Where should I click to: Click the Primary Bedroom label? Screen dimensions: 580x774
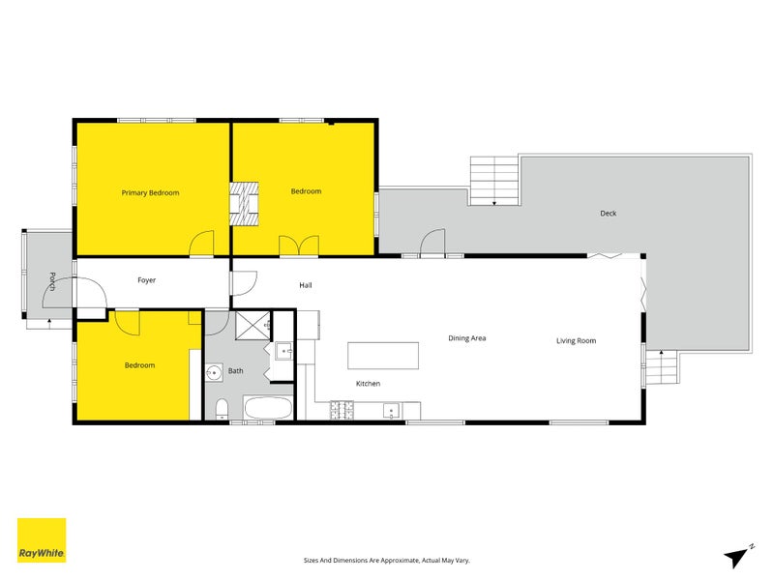(150, 192)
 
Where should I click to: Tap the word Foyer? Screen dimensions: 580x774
(146, 280)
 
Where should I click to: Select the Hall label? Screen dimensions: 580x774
(306, 285)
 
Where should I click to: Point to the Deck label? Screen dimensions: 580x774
(608, 214)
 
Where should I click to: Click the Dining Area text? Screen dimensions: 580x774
(466, 338)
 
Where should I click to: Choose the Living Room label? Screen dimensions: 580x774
(576, 340)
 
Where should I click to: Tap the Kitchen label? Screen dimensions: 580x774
(368, 384)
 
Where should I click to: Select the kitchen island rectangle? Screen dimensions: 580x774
(383, 355)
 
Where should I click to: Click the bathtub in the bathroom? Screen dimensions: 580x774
(267, 407)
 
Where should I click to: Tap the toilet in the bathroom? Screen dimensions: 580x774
(222, 407)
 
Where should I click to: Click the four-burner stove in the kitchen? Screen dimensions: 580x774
(342, 411)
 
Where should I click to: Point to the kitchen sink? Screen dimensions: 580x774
(392, 412)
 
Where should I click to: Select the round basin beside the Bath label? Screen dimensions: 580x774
(212, 371)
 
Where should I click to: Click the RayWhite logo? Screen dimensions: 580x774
(42, 540)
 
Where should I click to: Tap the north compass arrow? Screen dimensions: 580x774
(738, 555)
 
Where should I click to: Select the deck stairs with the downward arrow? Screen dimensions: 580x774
(493, 182)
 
